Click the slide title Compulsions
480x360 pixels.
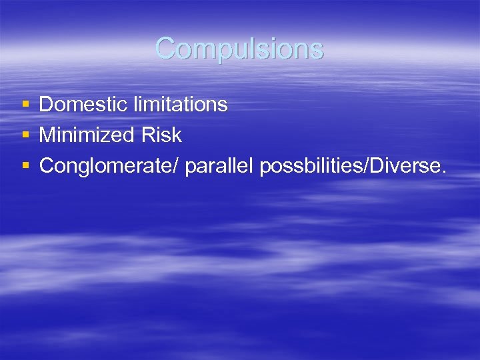pos(239,48)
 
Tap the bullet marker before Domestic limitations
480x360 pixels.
pos(25,104)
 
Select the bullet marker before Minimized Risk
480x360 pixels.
pos(25,135)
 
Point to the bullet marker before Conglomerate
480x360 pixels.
pos(25,166)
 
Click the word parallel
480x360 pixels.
pos(219,166)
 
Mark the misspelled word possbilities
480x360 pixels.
pos(309,166)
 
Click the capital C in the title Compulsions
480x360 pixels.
pos(165,48)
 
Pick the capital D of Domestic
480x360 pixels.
pos(46,104)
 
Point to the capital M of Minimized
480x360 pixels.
pos(47,135)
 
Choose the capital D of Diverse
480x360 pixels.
pos(372,166)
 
